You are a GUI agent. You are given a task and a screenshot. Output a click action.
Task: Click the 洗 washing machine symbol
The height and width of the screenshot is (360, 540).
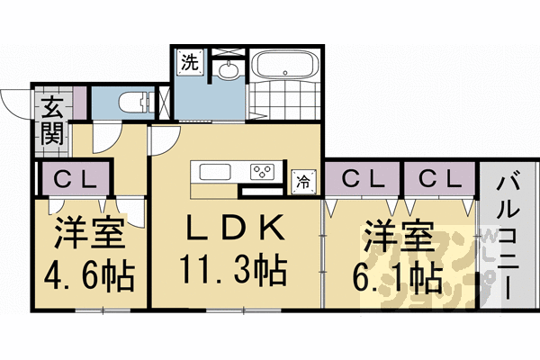(x=189, y=63)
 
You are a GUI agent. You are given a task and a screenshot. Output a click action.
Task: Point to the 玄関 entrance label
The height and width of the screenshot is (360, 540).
(x=49, y=121)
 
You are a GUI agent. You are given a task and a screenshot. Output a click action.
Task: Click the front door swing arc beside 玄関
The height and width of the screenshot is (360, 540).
(x=13, y=104)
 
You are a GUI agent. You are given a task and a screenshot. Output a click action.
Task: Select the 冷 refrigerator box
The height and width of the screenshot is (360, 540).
(x=303, y=180)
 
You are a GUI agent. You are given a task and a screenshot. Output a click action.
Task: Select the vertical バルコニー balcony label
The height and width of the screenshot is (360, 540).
(x=508, y=238)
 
